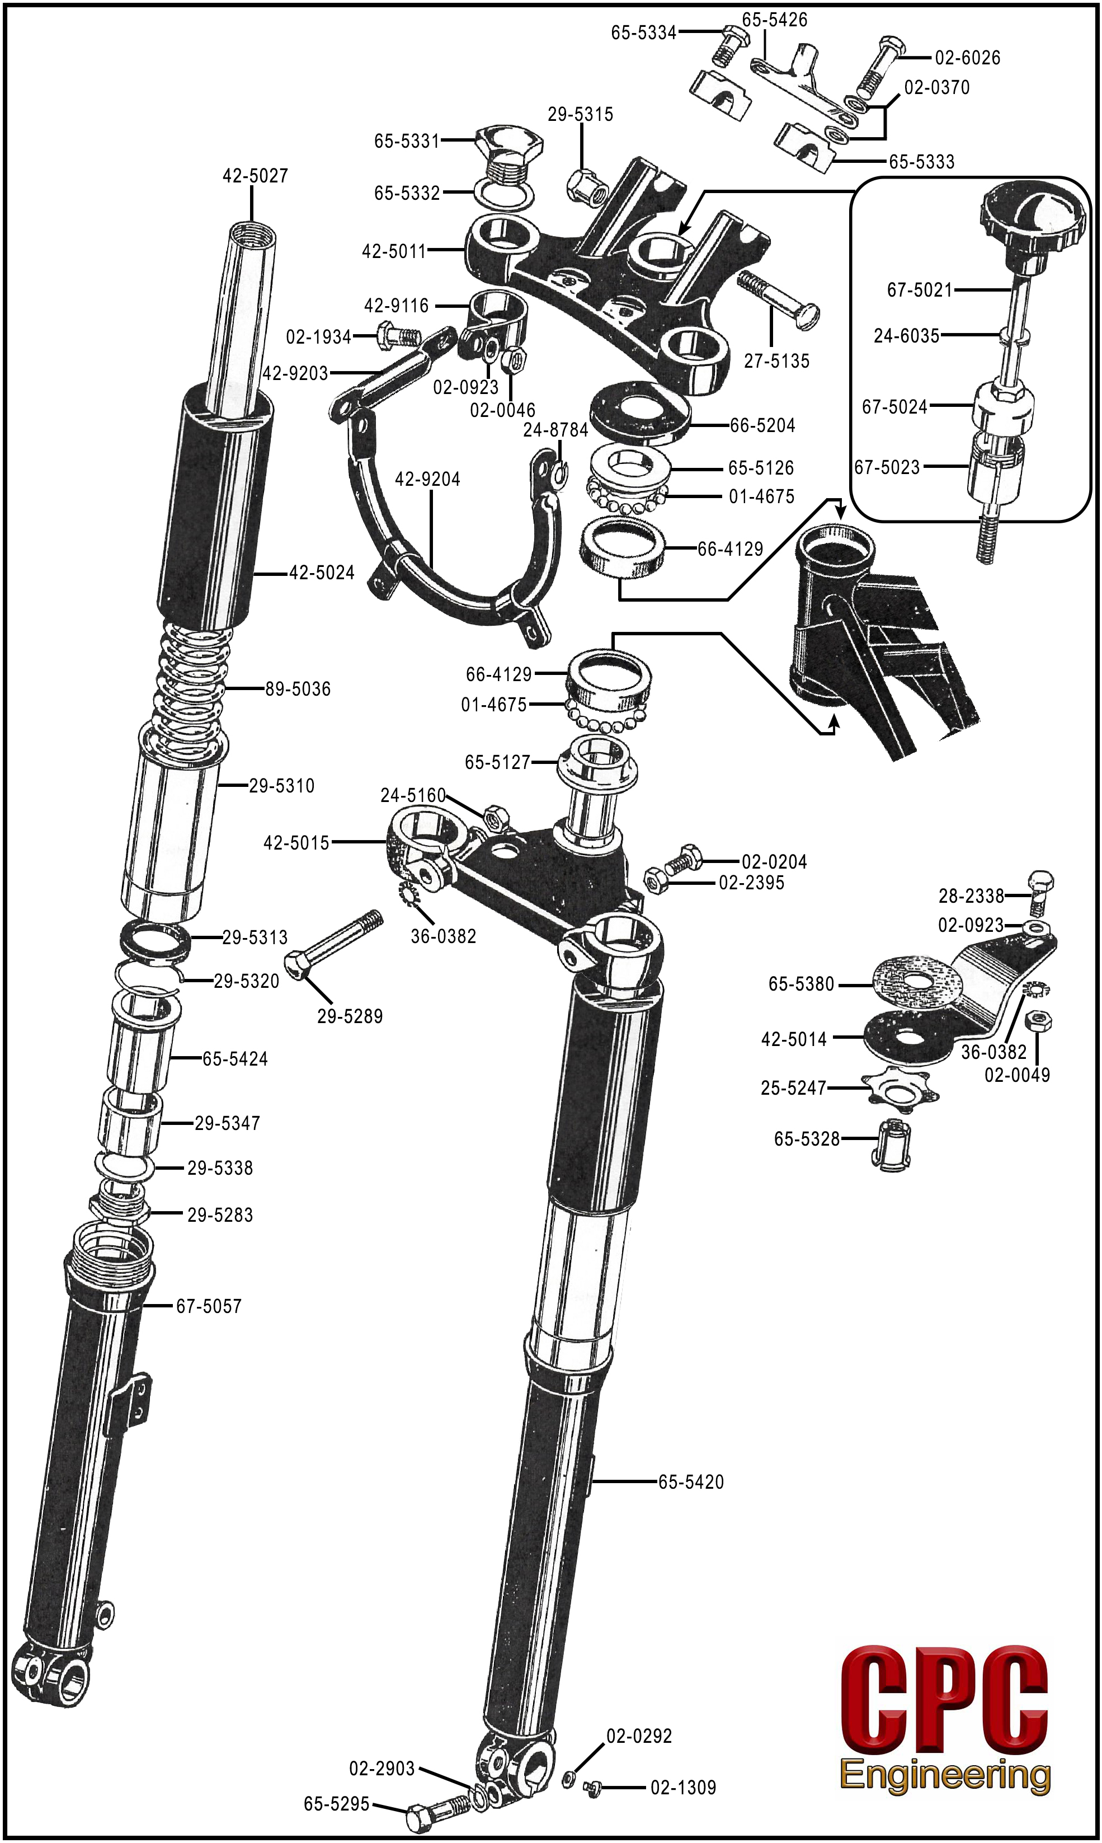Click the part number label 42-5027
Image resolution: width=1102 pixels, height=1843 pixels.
(255, 176)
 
